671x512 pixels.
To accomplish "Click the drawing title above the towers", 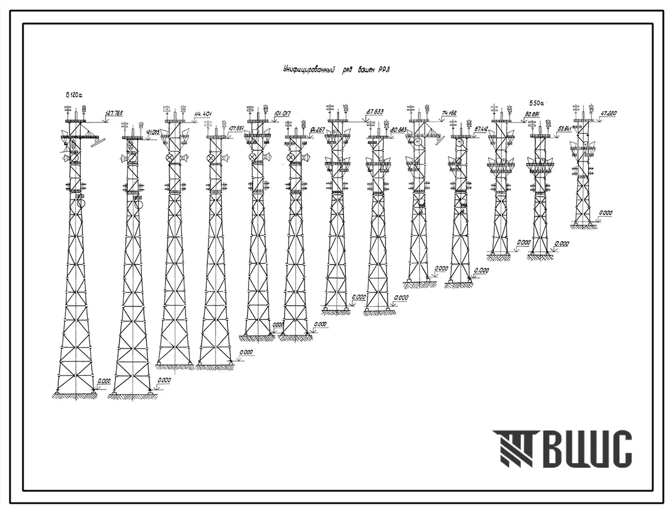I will coord(335,70).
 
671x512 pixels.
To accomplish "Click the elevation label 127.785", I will coord(114,113).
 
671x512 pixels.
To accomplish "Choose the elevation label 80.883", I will coord(399,129).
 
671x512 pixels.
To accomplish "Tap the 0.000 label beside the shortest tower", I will coord(605,213).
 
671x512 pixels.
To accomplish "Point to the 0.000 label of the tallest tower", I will coord(104,381).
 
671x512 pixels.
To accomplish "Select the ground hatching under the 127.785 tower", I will coord(75,396).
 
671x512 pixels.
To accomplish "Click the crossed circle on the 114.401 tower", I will coord(171,158).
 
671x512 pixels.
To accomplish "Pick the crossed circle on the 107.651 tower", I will coord(211,158).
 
